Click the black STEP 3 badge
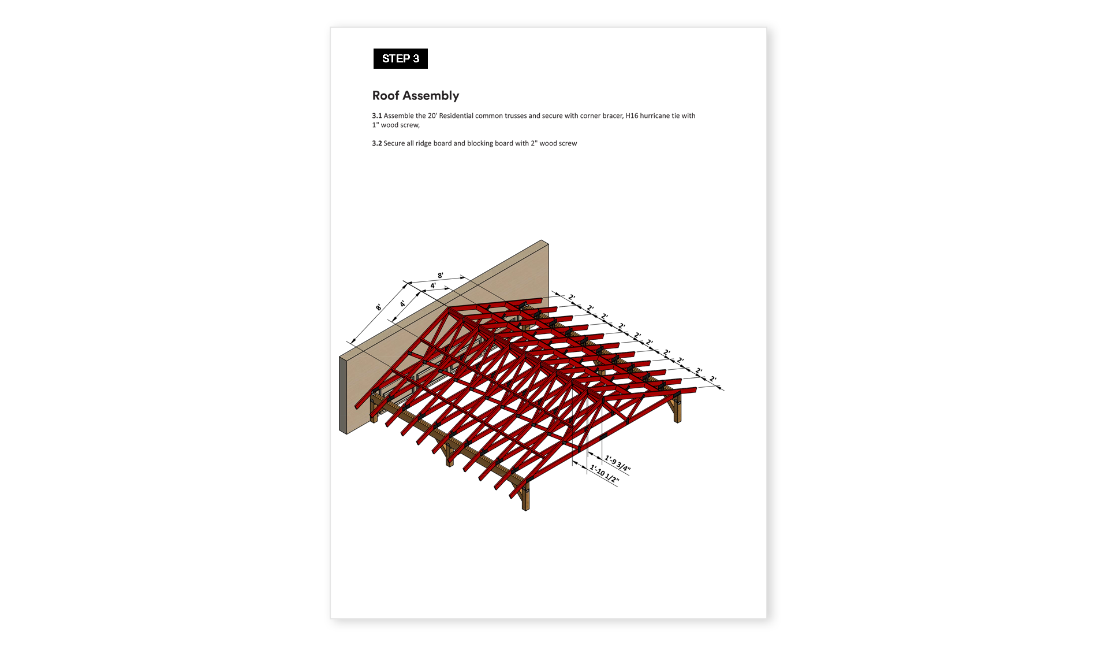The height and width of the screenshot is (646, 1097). tap(401, 58)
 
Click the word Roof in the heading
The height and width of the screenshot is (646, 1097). tap(386, 95)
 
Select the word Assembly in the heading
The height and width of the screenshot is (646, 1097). tap(431, 96)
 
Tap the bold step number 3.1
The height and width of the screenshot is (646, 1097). tap(377, 116)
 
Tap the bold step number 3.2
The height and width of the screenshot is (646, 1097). tap(377, 143)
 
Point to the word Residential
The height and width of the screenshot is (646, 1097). tap(456, 116)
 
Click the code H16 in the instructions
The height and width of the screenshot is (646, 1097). tap(632, 116)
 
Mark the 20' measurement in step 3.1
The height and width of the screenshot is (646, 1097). tap(432, 116)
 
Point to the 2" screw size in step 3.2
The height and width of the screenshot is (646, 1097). tap(534, 143)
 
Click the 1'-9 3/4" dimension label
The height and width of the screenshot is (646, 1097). tap(618, 464)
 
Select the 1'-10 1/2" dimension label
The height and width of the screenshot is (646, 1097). tap(605, 475)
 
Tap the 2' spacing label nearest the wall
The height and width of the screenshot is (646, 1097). tap(572, 298)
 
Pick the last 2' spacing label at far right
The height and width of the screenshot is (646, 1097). tap(713, 379)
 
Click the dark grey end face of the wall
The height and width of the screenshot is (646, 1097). tap(343, 395)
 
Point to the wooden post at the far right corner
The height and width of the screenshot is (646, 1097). tap(677, 409)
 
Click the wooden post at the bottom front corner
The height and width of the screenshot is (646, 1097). tap(525, 497)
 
